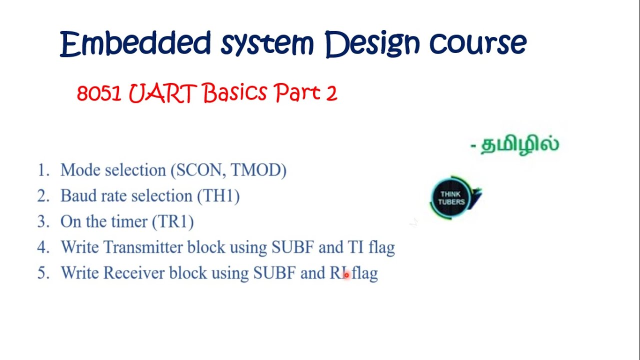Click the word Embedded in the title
click(135, 43)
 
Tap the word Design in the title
click(372, 44)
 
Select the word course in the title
click(478, 43)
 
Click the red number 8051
click(99, 93)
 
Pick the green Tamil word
click(519, 144)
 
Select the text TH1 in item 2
click(218, 195)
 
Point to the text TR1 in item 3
click(173, 221)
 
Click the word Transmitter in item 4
click(143, 247)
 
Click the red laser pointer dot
click(346, 275)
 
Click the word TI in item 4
click(355, 247)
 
